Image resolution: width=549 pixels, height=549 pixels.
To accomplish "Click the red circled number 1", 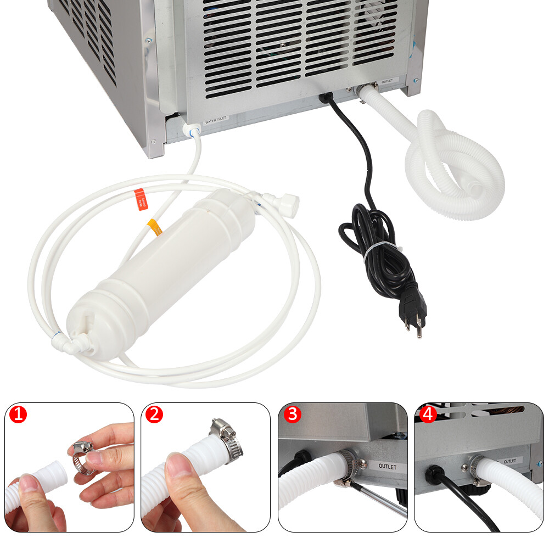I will (x=18, y=415).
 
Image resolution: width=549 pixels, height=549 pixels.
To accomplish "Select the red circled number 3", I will (x=292, y=414).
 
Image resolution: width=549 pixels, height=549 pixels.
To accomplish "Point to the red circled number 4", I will (x=428, y=414).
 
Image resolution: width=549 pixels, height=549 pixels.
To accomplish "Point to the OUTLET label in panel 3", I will (x=390, y=467).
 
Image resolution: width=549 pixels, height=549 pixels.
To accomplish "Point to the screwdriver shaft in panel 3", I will (x=379, y=500).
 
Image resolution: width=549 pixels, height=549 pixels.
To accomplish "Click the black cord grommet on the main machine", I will (x=326, y=97).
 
